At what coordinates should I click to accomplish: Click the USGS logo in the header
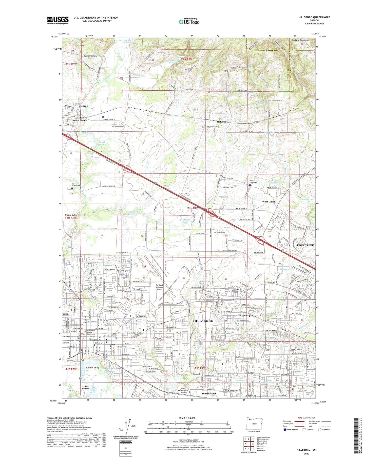58,20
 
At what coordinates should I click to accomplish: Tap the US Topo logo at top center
189,22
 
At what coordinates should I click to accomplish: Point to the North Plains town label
80,121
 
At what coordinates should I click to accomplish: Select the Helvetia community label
221,122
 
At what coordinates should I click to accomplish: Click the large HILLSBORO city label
203,321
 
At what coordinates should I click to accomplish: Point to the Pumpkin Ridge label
90,56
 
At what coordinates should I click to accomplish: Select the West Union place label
269,202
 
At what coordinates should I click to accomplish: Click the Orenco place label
242,315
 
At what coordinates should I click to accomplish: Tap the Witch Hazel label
209,394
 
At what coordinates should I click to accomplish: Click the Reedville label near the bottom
251,396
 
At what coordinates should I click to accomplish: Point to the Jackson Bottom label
85,388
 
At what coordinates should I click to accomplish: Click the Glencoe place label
83,106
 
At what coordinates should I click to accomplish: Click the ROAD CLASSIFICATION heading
307,418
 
